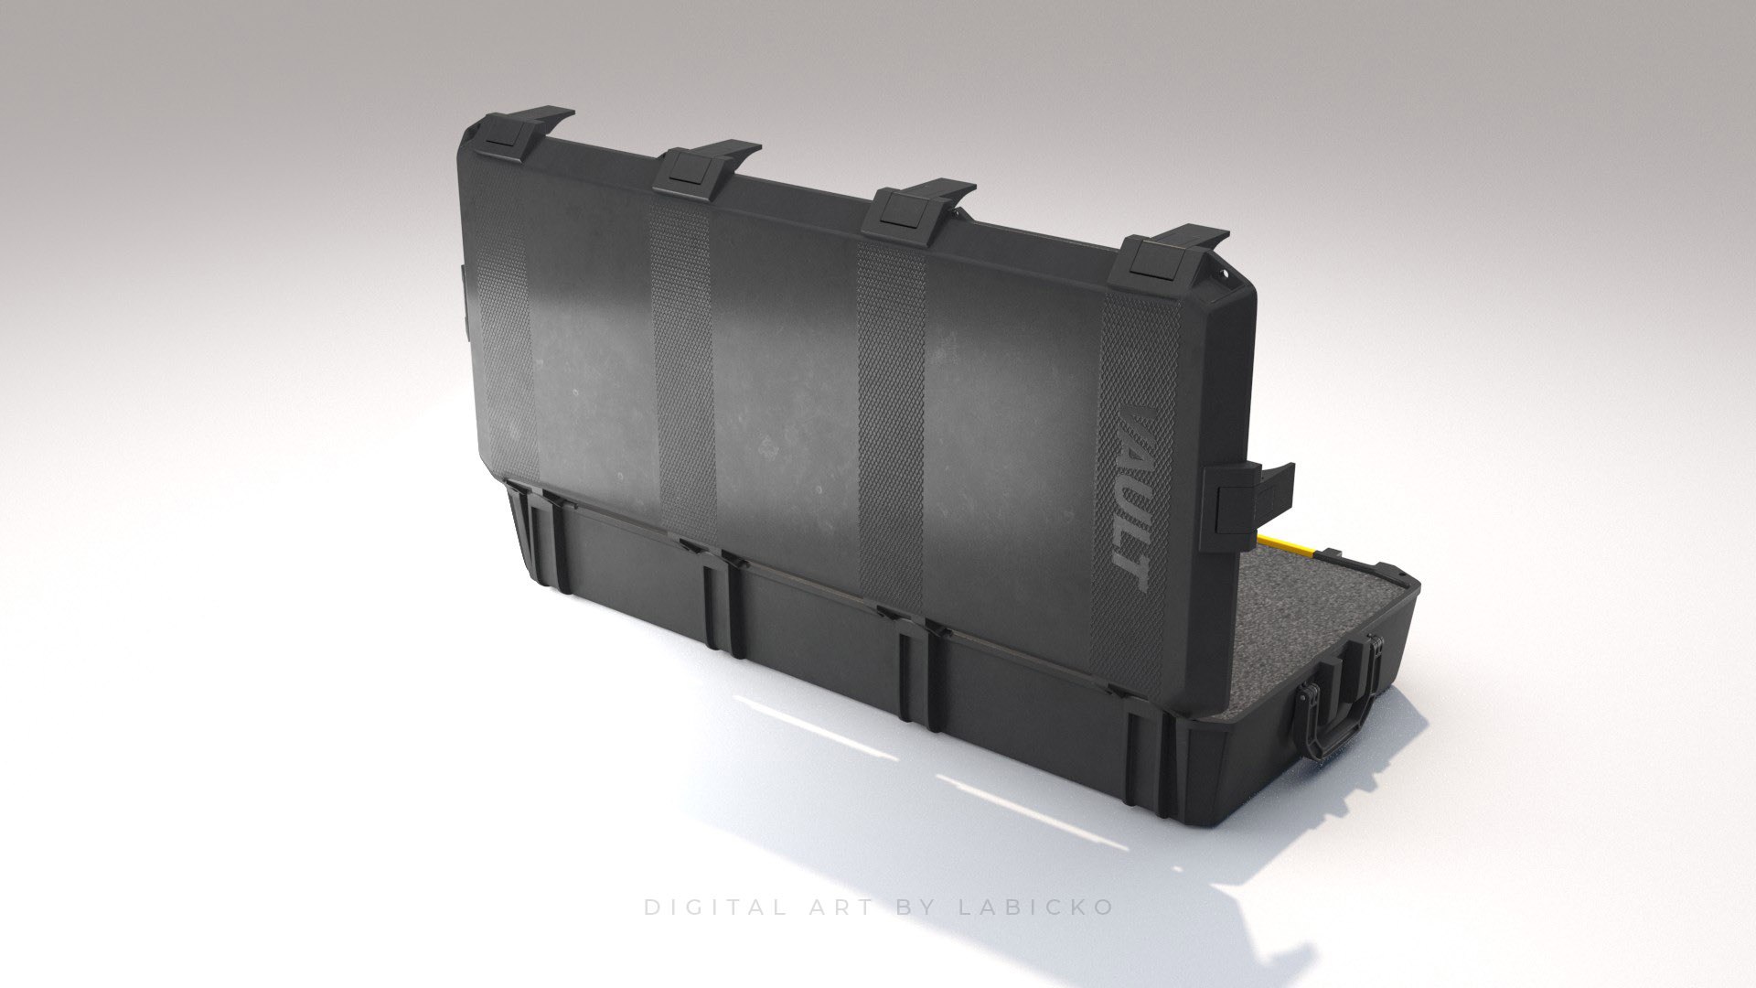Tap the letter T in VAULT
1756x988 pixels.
[1132, 573]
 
